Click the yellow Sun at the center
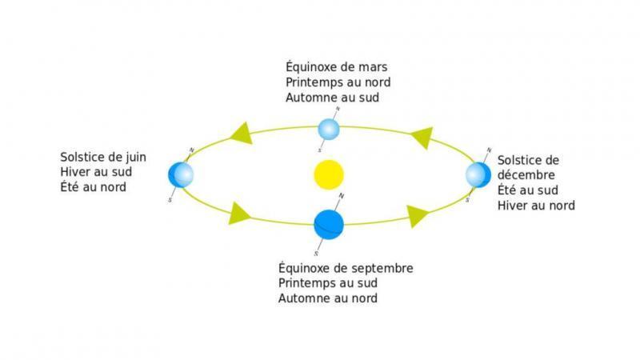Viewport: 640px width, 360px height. point(329,174)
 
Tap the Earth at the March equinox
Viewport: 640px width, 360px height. point(329,130)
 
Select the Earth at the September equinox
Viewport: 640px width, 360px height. point(329,225)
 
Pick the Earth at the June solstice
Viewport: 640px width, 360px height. point(181,174)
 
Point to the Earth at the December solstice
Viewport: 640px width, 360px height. point(478,174)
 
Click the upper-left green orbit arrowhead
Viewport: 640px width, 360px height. point(242,133)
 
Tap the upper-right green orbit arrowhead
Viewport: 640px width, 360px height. point(422,138)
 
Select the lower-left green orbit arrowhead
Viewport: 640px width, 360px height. point(239,214)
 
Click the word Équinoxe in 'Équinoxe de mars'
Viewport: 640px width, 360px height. point(308,66)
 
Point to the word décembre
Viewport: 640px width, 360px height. point(526,174)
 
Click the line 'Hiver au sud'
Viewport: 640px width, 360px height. point(96,172)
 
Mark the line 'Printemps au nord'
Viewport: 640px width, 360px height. point(338,82)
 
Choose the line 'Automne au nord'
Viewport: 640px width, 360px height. point(328,298)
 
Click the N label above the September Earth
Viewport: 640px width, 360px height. point(342,196)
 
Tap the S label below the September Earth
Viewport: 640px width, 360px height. point(316,254)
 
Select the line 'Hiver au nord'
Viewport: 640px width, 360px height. point(536,206)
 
